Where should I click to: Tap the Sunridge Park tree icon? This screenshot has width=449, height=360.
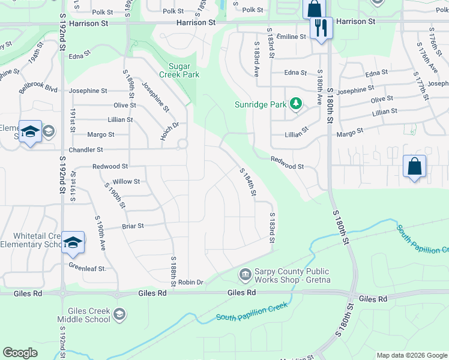click(x=295, y=104)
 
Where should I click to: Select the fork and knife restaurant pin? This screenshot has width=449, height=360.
click(x=321, y=28)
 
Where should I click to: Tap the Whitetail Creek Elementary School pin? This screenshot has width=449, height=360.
click(x=73, y=242)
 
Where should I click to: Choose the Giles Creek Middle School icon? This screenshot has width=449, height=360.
click(x=119, y=314)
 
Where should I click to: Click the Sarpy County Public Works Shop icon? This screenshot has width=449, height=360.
click(x=245, y=275)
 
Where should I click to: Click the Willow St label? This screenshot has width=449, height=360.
click(x=126, y=181)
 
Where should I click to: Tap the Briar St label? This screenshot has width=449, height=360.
click(x=133, y=226)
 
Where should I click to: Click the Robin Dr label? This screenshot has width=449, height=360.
click(x=191, y=282)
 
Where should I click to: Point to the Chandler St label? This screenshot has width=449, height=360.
click(x=86, y=149)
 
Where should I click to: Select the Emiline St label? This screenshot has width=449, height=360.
click(x=291, y=37)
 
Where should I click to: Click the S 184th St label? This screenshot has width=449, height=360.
click(x=248, y=183)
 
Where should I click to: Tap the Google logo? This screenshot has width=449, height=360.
click(x=20, y=353)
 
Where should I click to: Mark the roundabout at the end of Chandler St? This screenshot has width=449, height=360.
click(x=182, y=144)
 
